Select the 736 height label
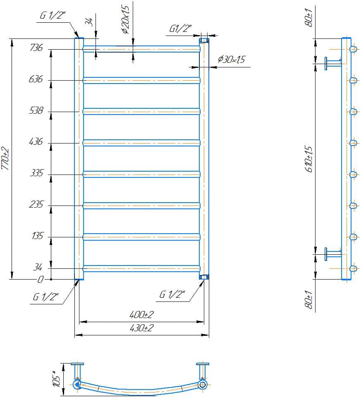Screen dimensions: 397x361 pyautogui.click(x=36, y=48)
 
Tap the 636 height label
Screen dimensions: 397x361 pyautogui.click(x=36, y=79)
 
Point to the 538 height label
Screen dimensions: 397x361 pyautogui.click(x=36, y=110)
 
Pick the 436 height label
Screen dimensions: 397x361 pyautogui.click(x=36, y=142)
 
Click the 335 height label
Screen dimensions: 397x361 pyautogui.click(x=36, y=173)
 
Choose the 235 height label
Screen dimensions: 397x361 pyautogui.click(x=36, y=205)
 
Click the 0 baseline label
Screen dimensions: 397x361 pyautogui.click(x=40, y=280)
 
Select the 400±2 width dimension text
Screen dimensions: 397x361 pyautogui.click(x=141, y=315)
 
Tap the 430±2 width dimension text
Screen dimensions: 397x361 pyautogui.click(x=141, y=328)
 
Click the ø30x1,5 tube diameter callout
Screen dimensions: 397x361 pyautogui.click(x=231, y=60)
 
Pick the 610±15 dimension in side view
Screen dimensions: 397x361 pyautogui.click(x=309, y=159)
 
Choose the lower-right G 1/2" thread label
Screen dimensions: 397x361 pyautogui.click(x=172, y=294)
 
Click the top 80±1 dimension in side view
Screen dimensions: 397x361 pyautogui.click(x=308, y=17)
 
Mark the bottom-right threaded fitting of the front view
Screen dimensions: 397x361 pyautogui.click(x=204, y=277)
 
